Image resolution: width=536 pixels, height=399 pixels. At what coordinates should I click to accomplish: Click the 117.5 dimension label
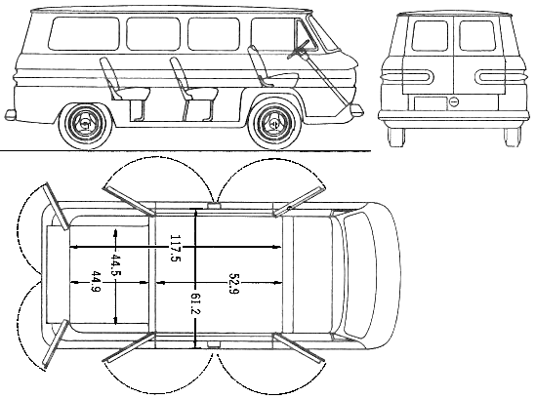click(x=175, y=249)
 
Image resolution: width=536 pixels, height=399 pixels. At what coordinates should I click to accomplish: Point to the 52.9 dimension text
click(x=234, y=283)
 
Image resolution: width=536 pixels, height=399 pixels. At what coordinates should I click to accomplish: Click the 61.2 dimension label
click(x=196, y=303)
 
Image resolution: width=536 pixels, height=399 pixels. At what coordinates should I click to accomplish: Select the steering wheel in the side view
click(x=299, y=50)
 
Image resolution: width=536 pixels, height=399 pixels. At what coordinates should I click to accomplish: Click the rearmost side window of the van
click(x=84, y=34)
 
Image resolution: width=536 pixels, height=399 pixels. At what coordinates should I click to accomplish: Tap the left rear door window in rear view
click(x=430, y=36)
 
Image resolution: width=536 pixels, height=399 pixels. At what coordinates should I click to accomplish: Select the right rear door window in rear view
click(x=477, y=35)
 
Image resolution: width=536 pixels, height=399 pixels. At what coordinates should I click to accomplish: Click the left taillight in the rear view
click(x=406, y=76)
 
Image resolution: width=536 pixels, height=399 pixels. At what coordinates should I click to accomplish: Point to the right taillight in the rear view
click(x=501, y=76)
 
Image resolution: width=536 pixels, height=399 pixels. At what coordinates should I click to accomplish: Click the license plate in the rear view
click(x=431, y=103)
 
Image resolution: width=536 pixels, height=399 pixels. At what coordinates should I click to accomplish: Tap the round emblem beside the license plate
click(x=454, y=101)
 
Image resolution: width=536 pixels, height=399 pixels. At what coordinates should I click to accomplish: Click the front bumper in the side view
click(x=357, y=109)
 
